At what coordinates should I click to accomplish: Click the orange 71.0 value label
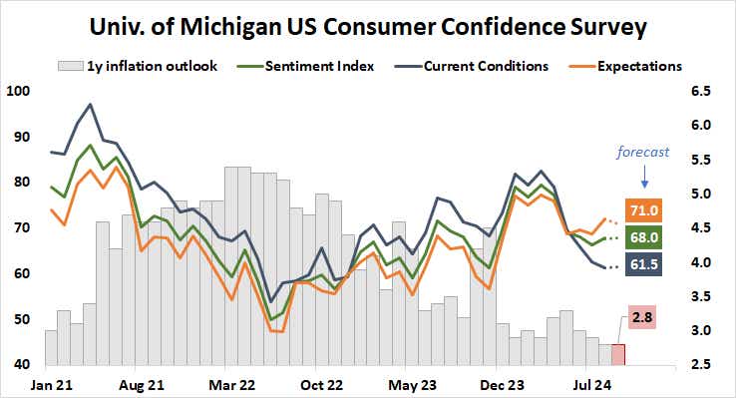point(641,208)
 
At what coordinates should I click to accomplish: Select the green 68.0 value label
point(641,237)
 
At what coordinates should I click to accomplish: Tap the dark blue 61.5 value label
point(641,265)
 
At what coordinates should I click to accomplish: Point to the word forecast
point(642,153)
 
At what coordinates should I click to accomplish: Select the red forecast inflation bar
point(618,354)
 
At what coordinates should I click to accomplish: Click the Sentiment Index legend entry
point(321,67)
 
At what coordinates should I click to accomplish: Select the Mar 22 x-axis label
point(231,383)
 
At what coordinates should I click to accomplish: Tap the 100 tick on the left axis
point(19,91)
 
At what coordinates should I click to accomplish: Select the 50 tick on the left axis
point(22,319)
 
